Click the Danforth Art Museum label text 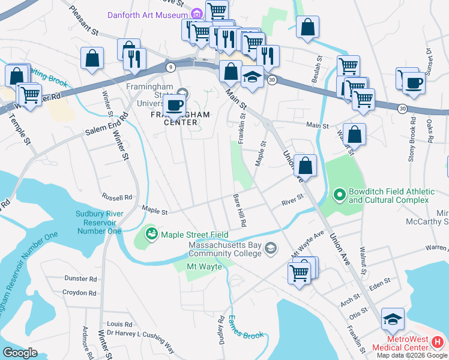(147, 14)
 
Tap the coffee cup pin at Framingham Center (175, 105)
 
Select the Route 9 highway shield (171, 67)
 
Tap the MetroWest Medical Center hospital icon (438, 342)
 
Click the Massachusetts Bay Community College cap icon (271, 248)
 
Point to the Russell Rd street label (116, 197)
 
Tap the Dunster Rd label (80, 279)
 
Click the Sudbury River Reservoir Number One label (99, 222)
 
